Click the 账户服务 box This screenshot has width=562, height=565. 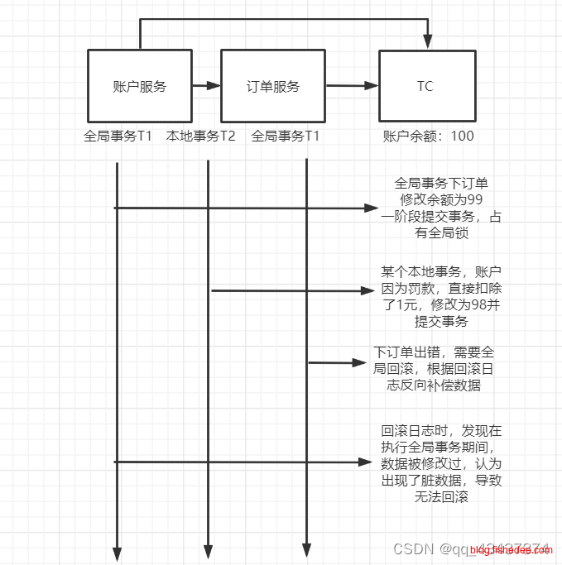pos(139,86)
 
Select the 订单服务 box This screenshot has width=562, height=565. pos(273,86)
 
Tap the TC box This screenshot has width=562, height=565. pos(426,86)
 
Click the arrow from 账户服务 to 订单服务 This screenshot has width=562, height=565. pos(207,85)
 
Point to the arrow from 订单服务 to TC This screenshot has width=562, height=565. pos(352,85)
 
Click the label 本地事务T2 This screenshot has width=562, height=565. pos(201,136)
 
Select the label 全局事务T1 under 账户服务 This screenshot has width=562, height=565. pos(118,136)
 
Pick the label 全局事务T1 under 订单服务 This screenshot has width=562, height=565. pos(286,136)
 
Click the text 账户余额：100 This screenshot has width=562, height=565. pos(429,136)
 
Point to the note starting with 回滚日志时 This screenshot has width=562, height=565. pos(441,464)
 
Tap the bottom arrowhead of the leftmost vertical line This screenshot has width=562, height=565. pos(117,552)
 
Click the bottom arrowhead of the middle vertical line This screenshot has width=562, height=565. pos(208,552)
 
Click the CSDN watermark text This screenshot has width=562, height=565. pos(414,548)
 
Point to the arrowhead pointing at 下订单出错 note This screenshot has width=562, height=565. pos(359,362)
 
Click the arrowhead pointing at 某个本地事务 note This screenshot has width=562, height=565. pos(368,290)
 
